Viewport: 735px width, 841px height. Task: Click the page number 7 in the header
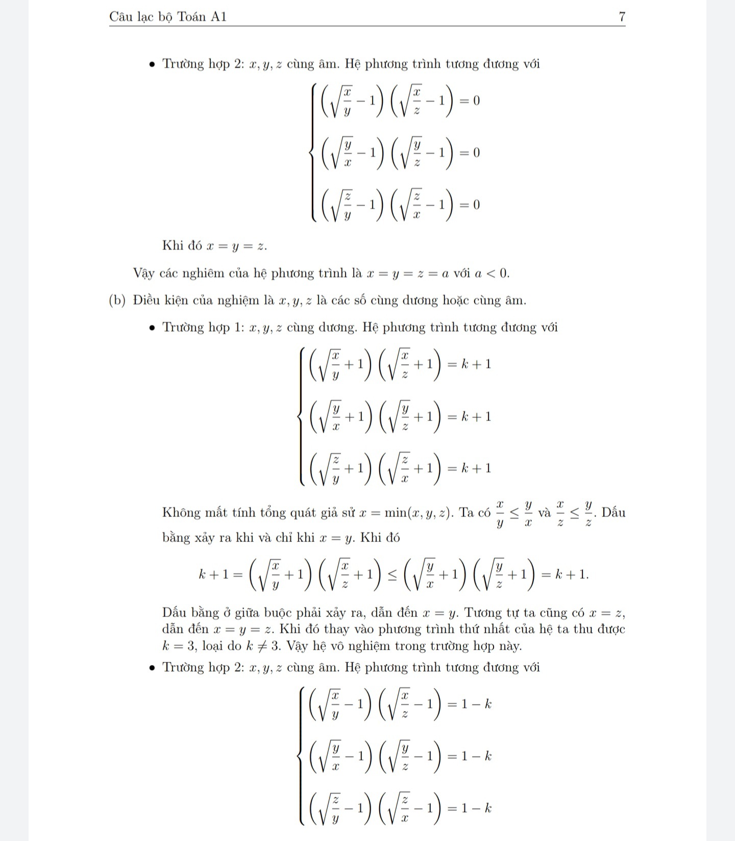click(x=622, y=17)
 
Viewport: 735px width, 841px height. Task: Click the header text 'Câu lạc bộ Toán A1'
click(x=168, y=17)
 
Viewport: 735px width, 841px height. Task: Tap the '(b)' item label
click(x=117, y=300)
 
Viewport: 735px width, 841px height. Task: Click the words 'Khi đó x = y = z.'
click(x=214, y=245)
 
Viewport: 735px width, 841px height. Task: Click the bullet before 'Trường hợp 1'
click(x=152, y=328)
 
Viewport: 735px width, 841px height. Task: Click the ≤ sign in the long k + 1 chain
click(x=392, y=575)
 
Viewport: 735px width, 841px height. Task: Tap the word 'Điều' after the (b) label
click(x=145, y=300)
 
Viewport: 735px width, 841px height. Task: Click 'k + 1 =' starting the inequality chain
click(x=221, y=575)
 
